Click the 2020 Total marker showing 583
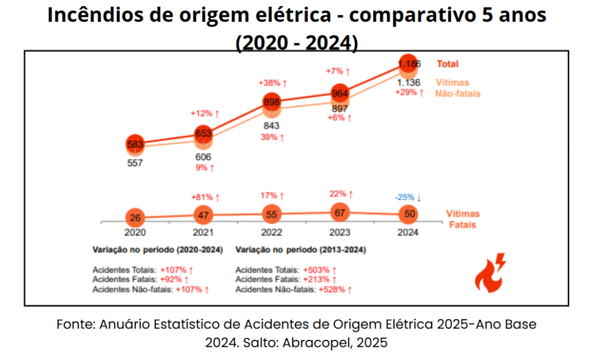(x=135, y=144)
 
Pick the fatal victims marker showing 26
(x=135, y=218)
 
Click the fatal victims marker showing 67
(x=340, y=213)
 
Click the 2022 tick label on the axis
(x=271, y=233)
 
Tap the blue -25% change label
(x=408, y=198)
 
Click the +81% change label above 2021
(x=205, y=197)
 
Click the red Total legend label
(x=448, y=64)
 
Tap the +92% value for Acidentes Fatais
(x=174, y=279)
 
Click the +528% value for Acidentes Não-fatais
(x=334, y=289)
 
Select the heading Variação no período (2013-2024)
(x=301, y=250)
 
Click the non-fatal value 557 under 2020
(x=135, y=163)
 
